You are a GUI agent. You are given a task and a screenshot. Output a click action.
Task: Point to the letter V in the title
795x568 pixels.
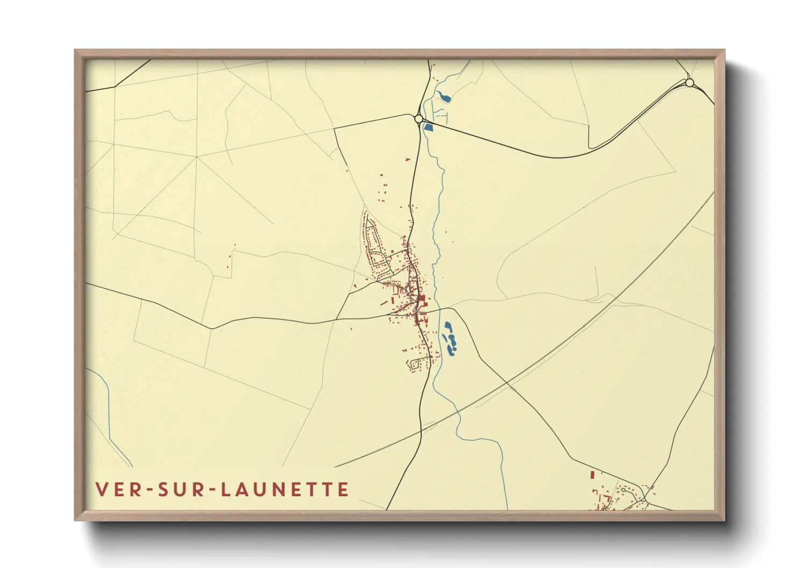[102, 489]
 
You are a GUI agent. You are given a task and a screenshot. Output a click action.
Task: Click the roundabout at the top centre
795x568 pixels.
[419, 119]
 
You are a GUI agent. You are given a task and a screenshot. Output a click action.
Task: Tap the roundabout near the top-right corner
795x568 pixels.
[690, 83]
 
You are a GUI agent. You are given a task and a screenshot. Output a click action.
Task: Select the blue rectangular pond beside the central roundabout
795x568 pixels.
[428, 127]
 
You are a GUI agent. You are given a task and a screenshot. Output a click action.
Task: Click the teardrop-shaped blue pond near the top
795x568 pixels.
[444, 97]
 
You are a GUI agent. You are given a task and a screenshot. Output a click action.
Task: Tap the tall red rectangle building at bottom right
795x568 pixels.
[592, 475]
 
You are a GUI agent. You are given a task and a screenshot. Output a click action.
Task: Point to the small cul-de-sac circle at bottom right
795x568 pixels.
[623, 490]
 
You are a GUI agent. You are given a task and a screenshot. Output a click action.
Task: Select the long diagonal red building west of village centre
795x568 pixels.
[385, 303]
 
